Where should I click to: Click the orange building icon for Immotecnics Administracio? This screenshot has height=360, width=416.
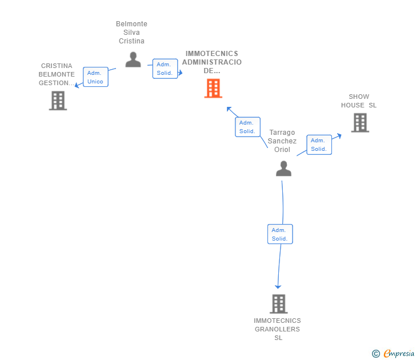pyautogui.click(x=213, y=89)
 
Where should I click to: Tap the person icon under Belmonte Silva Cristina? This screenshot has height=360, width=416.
pyautogui.click(x=133, y=59)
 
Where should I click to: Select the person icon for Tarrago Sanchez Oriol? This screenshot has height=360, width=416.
pyautogui.click(x=283, y=169)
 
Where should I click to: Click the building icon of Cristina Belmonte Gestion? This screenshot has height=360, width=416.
pyautogui.click(x=58, y=101)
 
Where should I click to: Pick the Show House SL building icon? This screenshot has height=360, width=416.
pyautogui.click(x=359, y=122)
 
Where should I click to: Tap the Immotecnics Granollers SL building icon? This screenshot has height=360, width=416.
pyautogui.click(x=278, y=303)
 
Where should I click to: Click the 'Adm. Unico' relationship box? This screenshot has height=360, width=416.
pyautogui.click(x=95, y=77)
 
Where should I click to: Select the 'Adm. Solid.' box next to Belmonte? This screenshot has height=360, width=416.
pyautogui.click(x=165, y=69)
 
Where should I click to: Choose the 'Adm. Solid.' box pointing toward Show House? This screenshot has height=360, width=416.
pyautogui.click(x=319, y=145)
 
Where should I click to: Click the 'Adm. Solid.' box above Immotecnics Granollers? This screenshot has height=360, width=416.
pyautogui.click(x=280, y=234)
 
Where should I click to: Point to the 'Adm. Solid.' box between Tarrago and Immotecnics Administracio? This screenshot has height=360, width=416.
pyautogui.click(x=247, y=127)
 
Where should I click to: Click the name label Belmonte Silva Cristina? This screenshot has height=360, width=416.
pyautogui.click(x=131, y=33)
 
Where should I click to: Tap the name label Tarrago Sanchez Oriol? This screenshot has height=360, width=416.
pyautogui.click(x=282, y=141)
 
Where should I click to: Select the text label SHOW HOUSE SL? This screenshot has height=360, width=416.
pyautogui.click(x=359, y=101)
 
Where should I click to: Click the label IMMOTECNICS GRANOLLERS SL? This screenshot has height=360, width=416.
pyautogui.click(x=278, y=329)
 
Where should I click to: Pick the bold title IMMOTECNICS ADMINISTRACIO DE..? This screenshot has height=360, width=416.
pyautogui.click(x=212, y=62)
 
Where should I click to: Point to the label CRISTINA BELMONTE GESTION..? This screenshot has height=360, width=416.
pyautogui.click(x=57, y=74)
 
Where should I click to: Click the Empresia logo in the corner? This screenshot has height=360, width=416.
pyautogui.click(x=399, y=354)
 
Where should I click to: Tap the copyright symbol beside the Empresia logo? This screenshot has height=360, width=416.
pyautogui.click(x=376, y=354)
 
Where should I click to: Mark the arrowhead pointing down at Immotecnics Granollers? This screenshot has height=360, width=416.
pyautogui.click(x=278, y=286)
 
